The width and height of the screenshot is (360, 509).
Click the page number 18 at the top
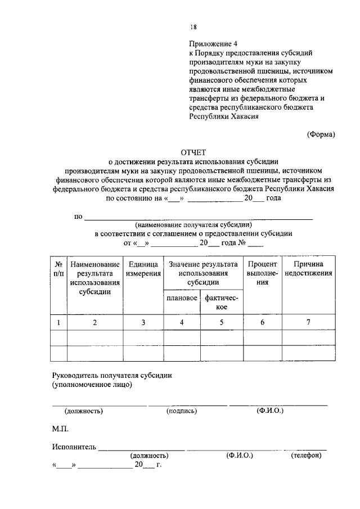[193, 26]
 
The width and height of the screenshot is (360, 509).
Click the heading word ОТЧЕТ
[193, 152]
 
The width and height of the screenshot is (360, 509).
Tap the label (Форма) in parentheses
[321, 134]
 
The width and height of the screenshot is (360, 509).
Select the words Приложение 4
[209, 42]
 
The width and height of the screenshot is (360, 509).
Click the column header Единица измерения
[143, 268]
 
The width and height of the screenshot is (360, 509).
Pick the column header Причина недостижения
[308, 268]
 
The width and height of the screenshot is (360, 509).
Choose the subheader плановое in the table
[181, 298]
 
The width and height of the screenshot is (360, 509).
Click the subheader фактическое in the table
[221, 303]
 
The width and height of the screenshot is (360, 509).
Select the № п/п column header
[58, 268]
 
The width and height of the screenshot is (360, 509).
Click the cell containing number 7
[308, 322]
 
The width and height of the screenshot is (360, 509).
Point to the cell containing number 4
[181, 322]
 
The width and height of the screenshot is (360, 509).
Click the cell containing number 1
[58, 322]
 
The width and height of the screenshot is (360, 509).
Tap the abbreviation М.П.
[60, 429]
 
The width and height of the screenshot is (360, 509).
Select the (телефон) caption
[306, 456]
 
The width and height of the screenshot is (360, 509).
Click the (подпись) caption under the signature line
[181, 411]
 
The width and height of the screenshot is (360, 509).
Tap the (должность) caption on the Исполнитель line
[149, 456]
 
